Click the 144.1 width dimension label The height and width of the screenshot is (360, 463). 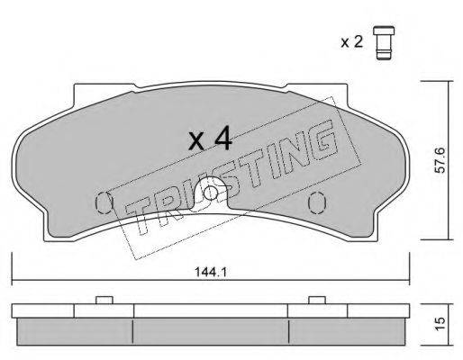tap(211, 272)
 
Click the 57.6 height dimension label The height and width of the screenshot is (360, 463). tap(440, 160)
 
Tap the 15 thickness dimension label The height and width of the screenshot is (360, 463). tap(440, 324)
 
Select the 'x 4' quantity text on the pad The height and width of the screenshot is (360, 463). tap(210, 139)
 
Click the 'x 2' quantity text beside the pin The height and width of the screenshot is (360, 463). tap(351, 42)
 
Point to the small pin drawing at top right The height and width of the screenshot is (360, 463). tap(384, 43)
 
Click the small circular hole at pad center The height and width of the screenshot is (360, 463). tap(211, 193)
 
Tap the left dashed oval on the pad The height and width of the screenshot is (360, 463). tap(104, 202)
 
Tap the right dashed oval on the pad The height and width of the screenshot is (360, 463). tap(317, 202)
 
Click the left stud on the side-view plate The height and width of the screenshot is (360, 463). tap(104, 300)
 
